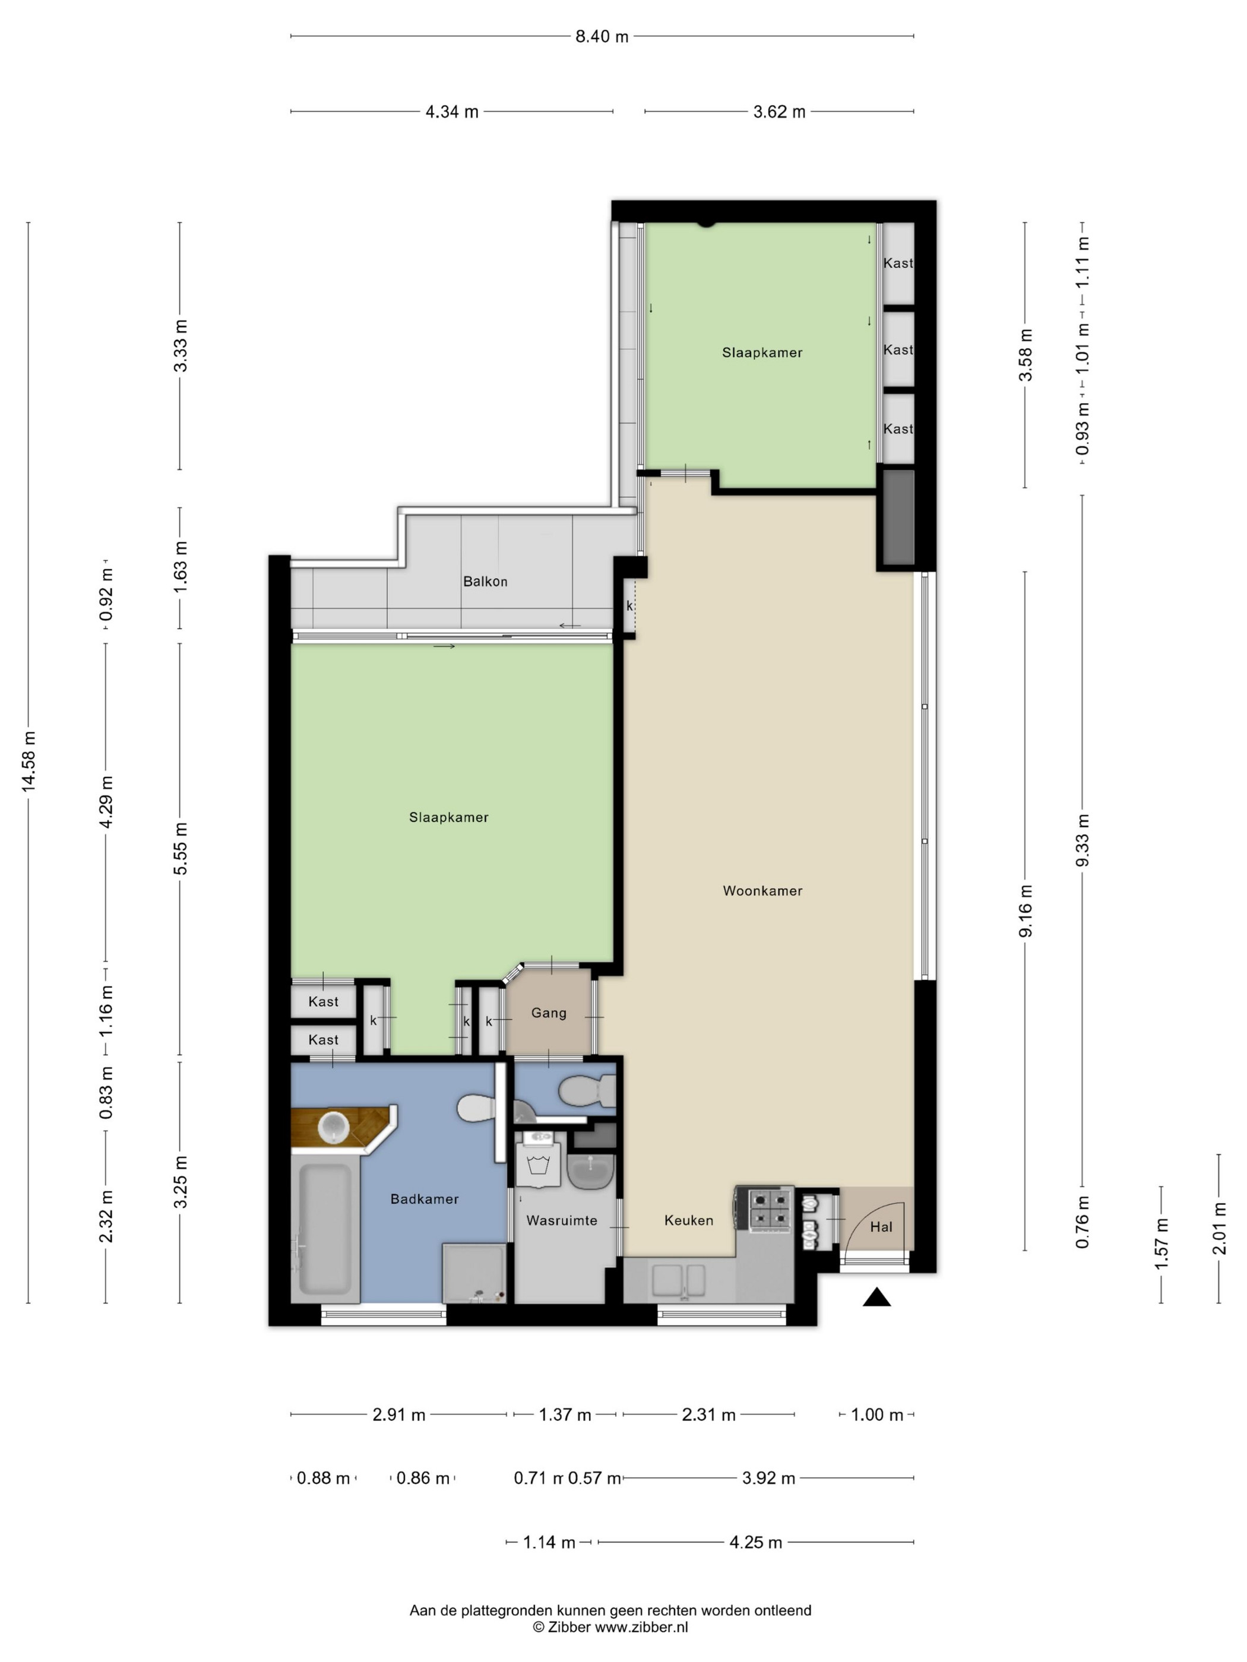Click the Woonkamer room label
click(x=762, y=890)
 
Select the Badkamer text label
click(x=424, y=1198)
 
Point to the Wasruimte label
click(x=562, y=1220)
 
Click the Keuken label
click(x=688, y=1220)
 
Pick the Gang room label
click(x=549, y=1013)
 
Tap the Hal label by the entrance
click(x=881, y=1226)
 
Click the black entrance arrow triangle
click(x=876, y=1297)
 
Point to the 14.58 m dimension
click(x=29, y=760)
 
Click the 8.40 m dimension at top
click(x=602, y=36)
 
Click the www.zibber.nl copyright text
click(x=641, y=1628)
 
